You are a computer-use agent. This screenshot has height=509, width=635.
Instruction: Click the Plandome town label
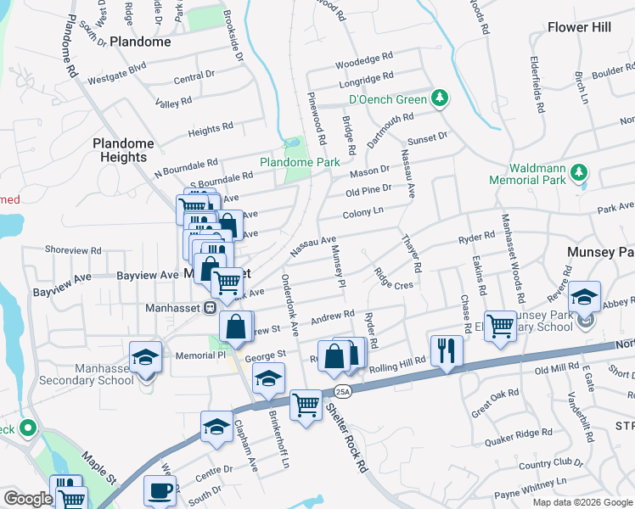click(x=134, y=42)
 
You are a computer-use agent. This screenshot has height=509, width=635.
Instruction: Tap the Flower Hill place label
click(x=580, y=27)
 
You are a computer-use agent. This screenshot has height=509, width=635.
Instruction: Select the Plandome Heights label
click(x=124, y=150)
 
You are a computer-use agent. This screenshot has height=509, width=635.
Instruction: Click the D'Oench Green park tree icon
click(x=439, y=99)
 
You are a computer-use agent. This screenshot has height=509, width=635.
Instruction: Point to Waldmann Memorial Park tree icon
click(x=580, y=173)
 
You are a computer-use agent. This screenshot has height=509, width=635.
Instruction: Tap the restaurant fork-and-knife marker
click(x=447, y=349)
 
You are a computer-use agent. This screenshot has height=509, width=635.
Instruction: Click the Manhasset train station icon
click(x=208, y=308)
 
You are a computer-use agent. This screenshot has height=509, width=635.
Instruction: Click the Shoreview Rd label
click(x=73, y=251)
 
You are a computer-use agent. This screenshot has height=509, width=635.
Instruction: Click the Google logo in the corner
click(x=28, y=499)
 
